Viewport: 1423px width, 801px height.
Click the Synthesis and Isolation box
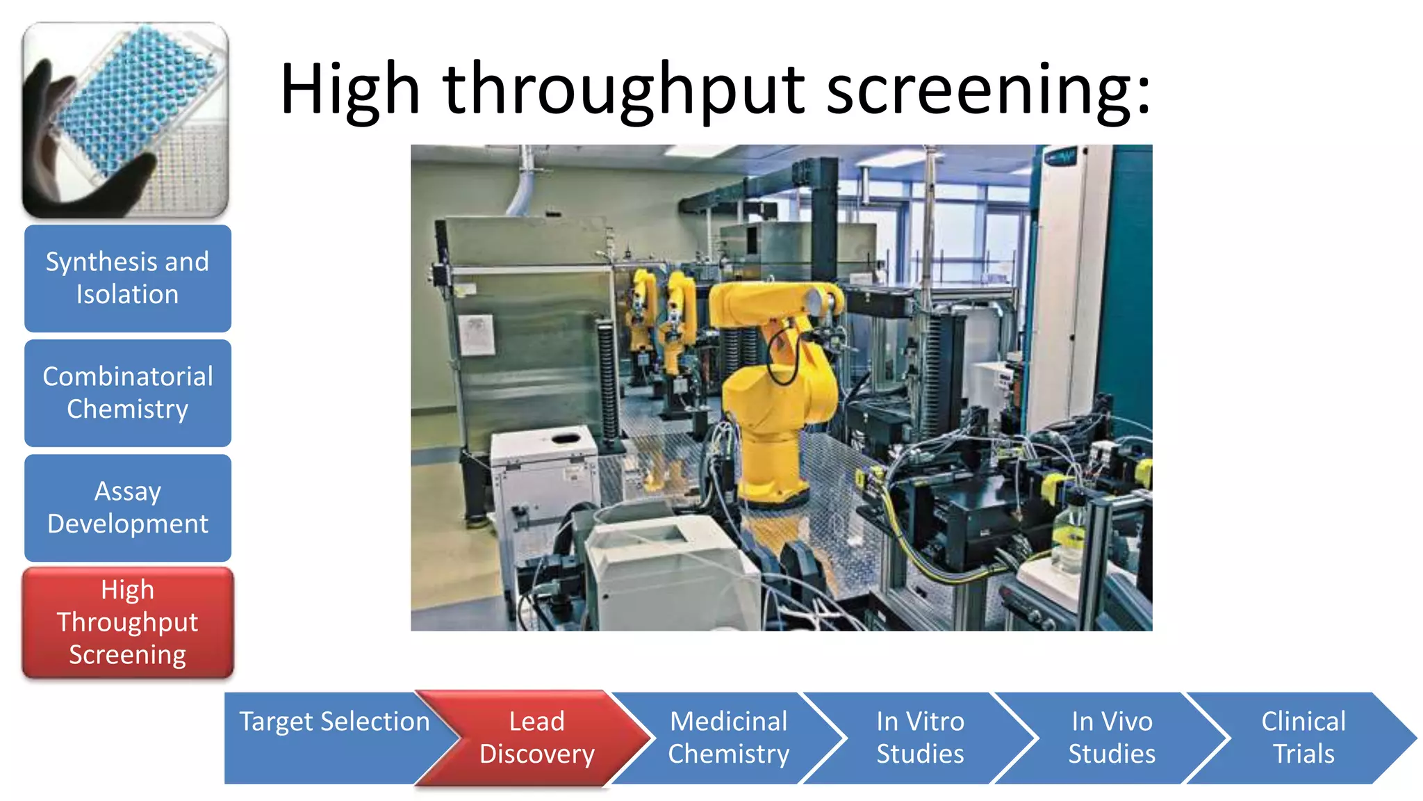(x=127, y=278)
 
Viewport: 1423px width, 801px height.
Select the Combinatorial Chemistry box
(x=127, y=393)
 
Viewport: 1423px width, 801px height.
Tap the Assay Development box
(x=127, y=508)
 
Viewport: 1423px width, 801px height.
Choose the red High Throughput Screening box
(x=127, y=622)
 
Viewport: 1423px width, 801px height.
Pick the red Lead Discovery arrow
(x=536, y=738)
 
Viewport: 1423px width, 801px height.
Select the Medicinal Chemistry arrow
(x=728, y=738)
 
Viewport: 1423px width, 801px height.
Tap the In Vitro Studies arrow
(x=920, y=738)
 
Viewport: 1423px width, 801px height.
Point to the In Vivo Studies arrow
(x=1112, y=738)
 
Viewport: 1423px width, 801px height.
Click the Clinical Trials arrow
(x=1303, y=738)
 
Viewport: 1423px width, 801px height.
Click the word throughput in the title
(x=623, y=90)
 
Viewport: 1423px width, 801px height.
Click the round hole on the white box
(x=565, y=438)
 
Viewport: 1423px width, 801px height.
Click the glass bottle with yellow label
(x=1069, y=535)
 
